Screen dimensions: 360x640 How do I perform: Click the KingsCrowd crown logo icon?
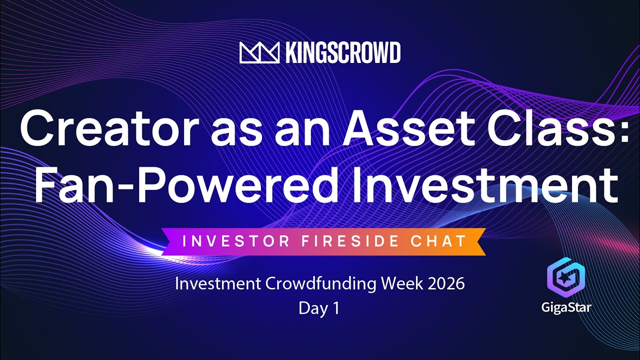pos(259,52)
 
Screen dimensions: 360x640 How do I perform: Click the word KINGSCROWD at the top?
pos(342,52)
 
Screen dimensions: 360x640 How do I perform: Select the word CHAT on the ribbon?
pos(438,241)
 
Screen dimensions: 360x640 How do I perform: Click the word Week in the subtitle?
pos(398,283)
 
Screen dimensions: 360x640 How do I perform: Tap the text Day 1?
pos(319,308)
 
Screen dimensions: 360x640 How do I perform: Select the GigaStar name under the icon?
pos(566,306)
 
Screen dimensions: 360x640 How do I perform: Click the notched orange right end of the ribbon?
pos(477,241)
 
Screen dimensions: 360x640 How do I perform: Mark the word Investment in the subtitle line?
pos(216,283)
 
